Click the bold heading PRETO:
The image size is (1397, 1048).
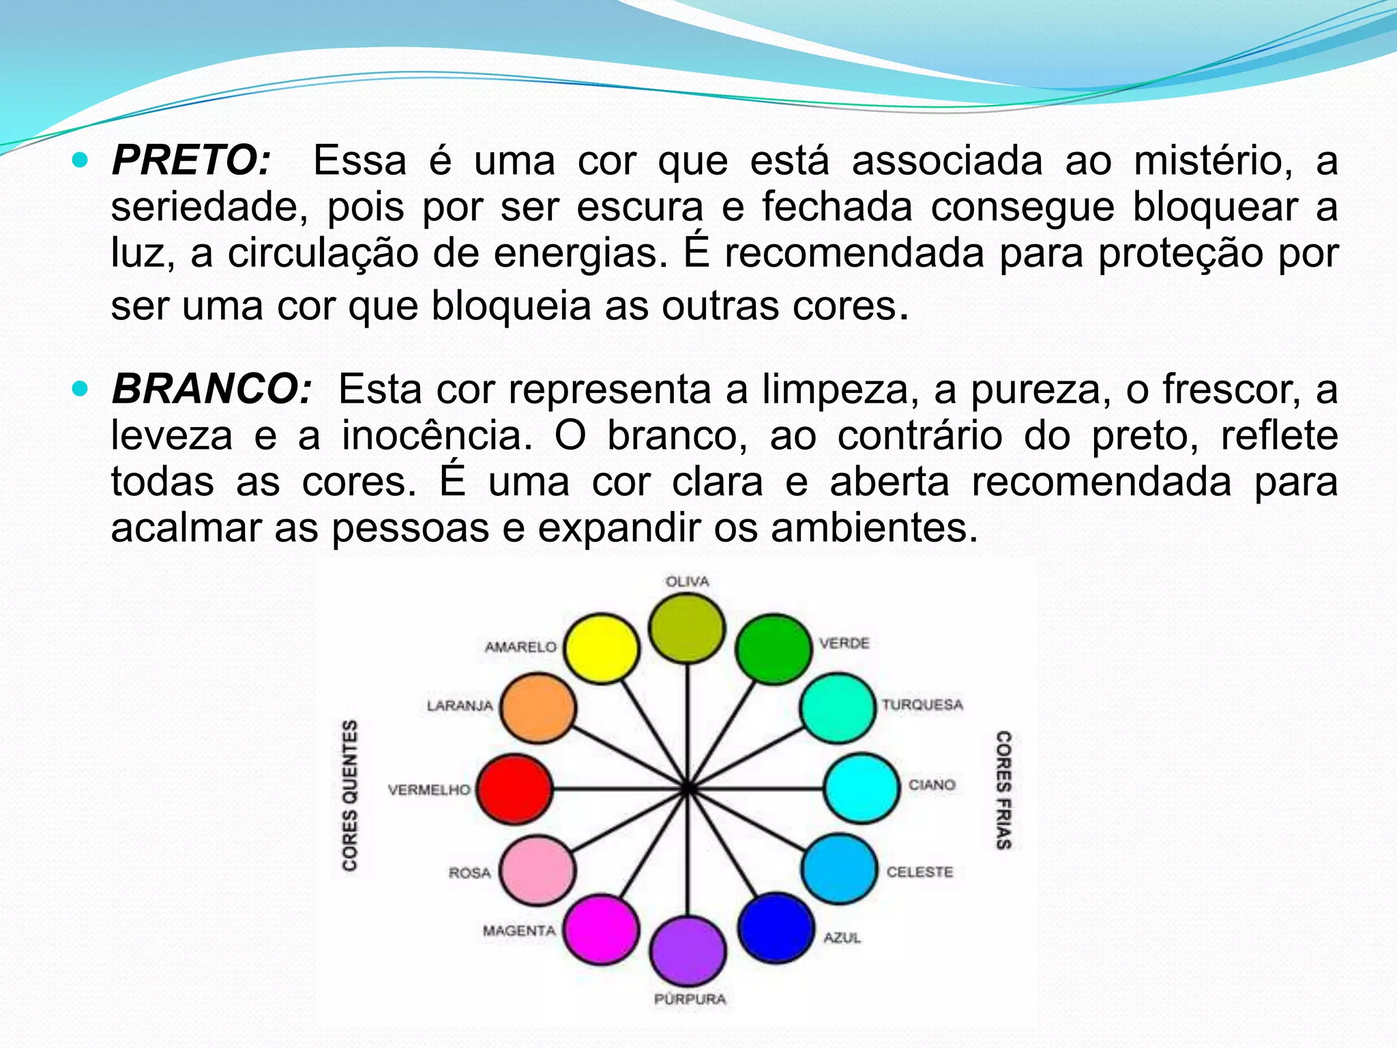(x=192, y=161)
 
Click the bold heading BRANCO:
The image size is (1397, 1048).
(x=211, y=389)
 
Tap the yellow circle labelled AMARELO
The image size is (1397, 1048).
(x=602, y=648)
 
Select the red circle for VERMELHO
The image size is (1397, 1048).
(x=514, y=789)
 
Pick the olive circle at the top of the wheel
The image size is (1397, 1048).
(x=686, y=628)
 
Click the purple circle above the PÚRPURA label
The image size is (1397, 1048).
(x=688, y=951)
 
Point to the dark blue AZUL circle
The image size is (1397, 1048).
(x=776, y=928)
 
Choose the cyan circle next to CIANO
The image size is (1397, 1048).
(x=862, y=788)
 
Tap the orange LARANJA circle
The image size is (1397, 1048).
(x=538, y=708)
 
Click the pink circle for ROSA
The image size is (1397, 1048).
(x=538, y=871)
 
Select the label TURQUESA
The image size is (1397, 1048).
(x=922, y=705)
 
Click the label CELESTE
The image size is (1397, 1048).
(x=920, y=872)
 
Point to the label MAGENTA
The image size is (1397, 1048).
(x=519, y=931)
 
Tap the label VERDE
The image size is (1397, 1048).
(x=844, y=643)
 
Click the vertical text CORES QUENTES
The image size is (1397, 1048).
(x=350, y=795)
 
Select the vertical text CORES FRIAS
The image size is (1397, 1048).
(x=1003, y=790)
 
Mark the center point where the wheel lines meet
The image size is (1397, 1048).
(x=688, y=789)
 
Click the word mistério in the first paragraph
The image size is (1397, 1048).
(x=1213, y=161)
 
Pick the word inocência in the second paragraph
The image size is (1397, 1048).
(x=437, y=435)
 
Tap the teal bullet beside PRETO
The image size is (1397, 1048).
(x=80, y=161)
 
